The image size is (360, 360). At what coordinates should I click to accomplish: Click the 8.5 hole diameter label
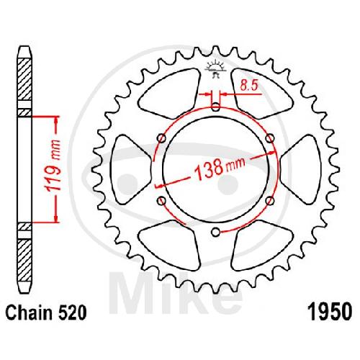click(249, 86)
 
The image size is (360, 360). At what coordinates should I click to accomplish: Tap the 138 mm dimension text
click(220, 168)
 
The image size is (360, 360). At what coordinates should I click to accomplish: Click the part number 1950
click(330, 312)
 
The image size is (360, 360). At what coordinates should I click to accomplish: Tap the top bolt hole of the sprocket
click(216, 107)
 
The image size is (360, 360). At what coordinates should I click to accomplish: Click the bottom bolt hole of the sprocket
click(216, 232)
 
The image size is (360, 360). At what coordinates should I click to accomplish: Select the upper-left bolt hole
click(162, 138)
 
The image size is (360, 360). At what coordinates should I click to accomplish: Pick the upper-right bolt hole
click(270, 138)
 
